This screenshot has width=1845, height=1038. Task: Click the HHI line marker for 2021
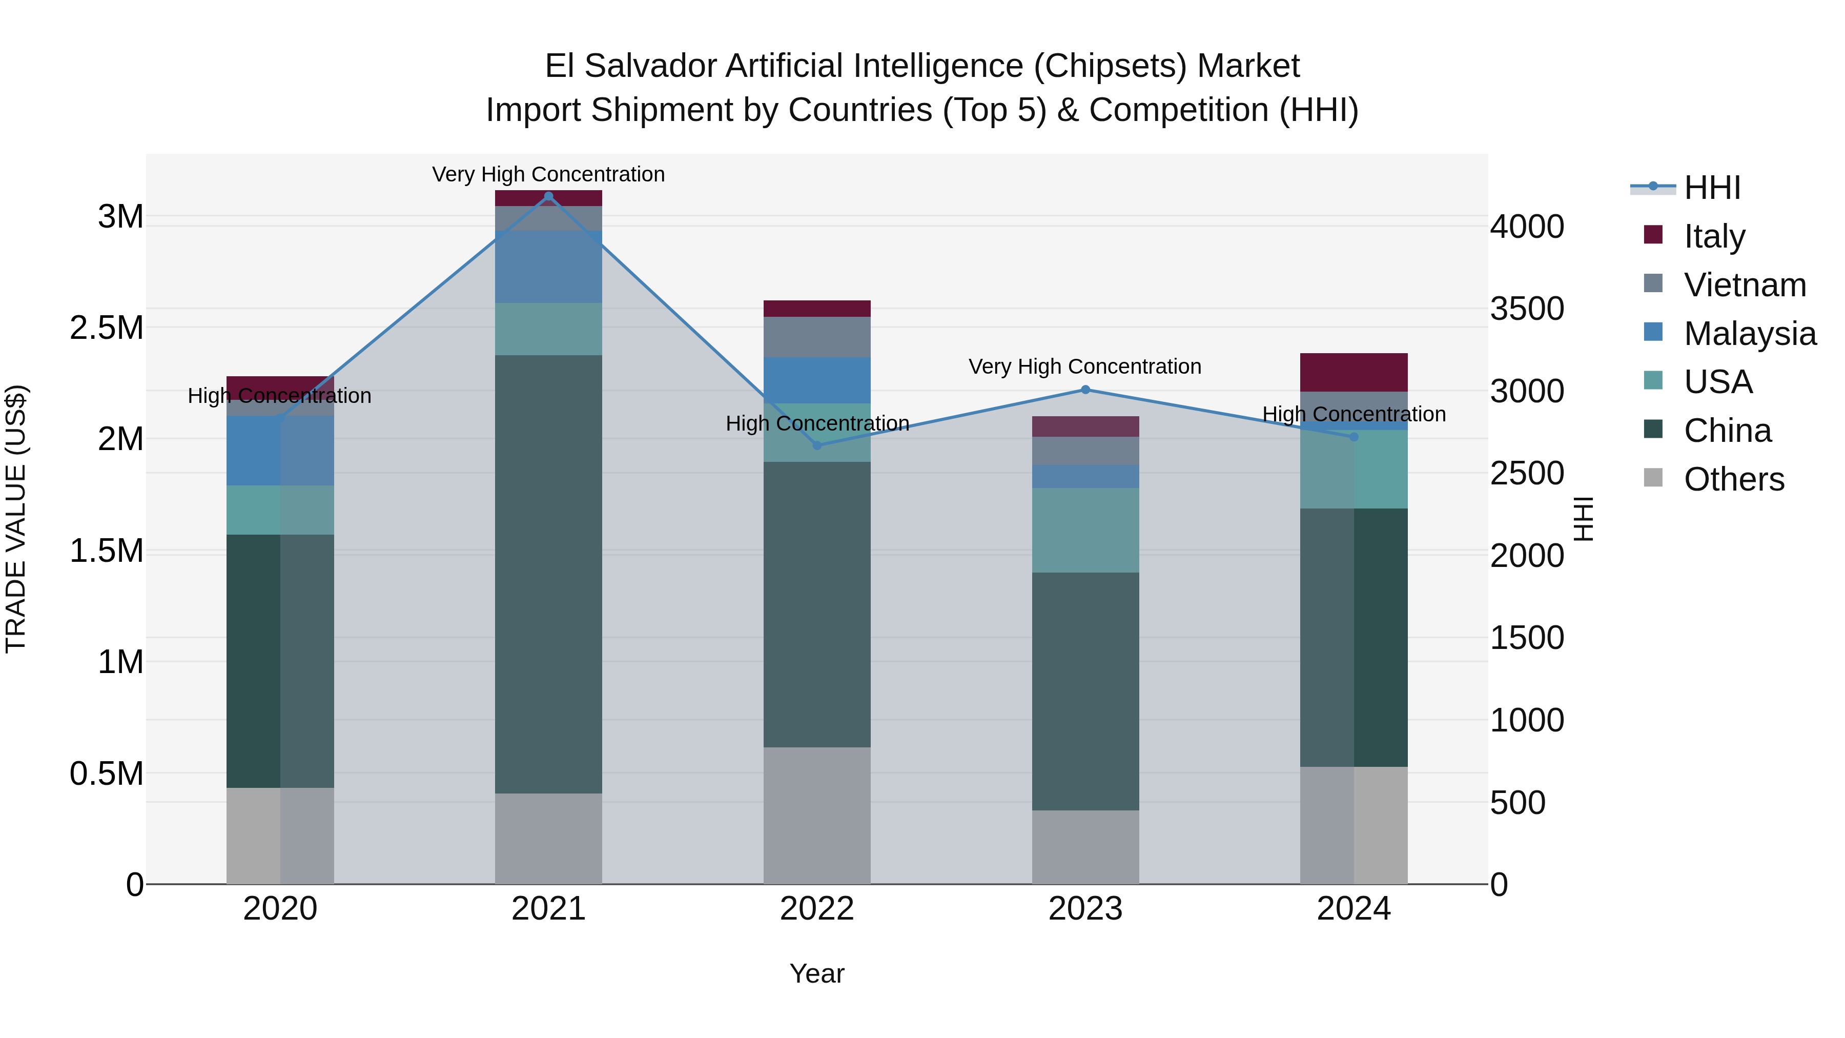pos(548,196)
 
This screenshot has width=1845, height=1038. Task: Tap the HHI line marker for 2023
pos(1085,390)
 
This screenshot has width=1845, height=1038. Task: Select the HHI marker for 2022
pos(817,445)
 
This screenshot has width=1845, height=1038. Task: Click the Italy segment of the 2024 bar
pos(1354,372)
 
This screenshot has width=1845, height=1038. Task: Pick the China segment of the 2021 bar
pos(548,573)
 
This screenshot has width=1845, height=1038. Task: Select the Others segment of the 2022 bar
pos(817,815)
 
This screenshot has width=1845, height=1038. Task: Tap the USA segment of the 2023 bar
pos(1085,530)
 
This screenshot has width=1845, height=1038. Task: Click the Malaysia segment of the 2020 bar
pos(280,451)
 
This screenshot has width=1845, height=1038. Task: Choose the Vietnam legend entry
pos(1745,285)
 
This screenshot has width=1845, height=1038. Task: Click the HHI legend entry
pos(1712,188)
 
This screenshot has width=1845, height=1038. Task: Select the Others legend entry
pos(1733,479)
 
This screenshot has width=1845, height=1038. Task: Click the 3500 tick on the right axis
pos(1527,309)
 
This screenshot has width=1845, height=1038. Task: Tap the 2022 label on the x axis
pos(817,909)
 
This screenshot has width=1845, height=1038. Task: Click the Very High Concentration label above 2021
pos(548,174)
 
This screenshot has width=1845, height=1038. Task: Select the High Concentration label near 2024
pos(1354,414)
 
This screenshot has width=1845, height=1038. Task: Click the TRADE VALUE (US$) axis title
pos(16,519)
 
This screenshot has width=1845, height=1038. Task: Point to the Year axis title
pos(817,973)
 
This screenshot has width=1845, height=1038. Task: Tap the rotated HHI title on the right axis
pos(1584,519)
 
